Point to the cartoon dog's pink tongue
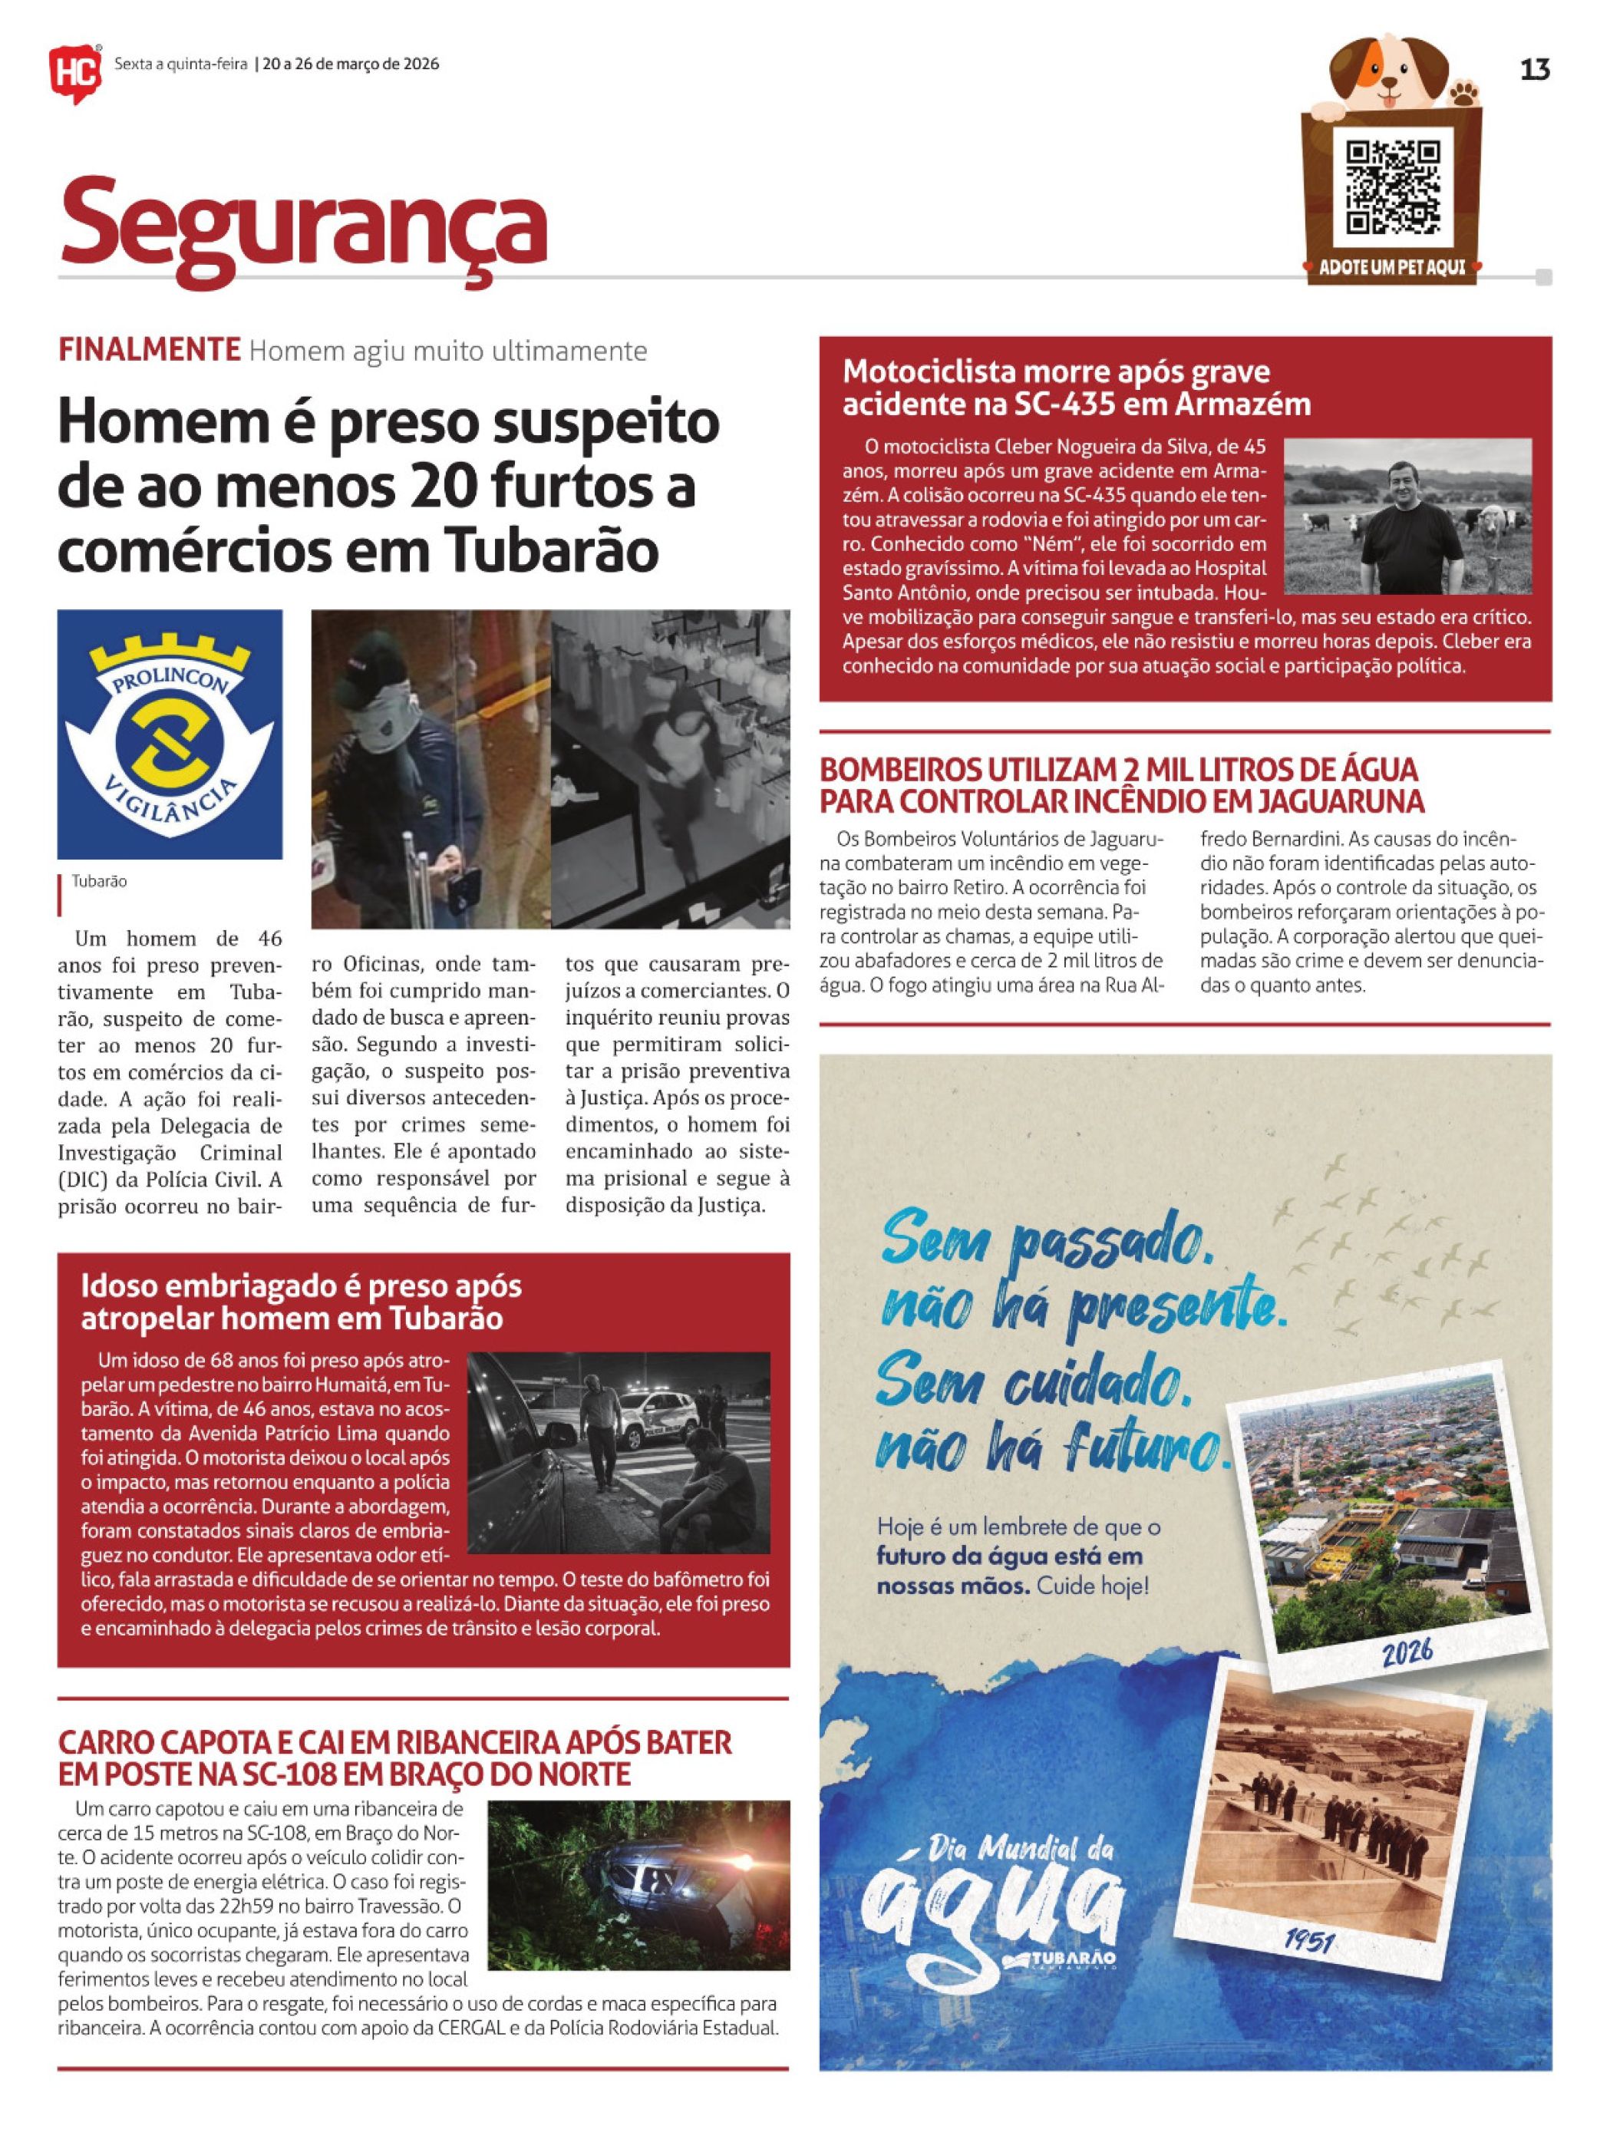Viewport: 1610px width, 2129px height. tap(1390, 96)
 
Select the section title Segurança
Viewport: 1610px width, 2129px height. tap(303, 225)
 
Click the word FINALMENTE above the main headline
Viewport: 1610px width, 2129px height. tap(149, 349)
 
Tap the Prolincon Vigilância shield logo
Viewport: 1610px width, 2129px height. tap(170, 734)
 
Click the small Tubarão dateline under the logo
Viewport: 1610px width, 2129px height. tap(99, 880)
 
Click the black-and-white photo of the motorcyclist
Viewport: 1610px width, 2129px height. tap(1406, 517)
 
